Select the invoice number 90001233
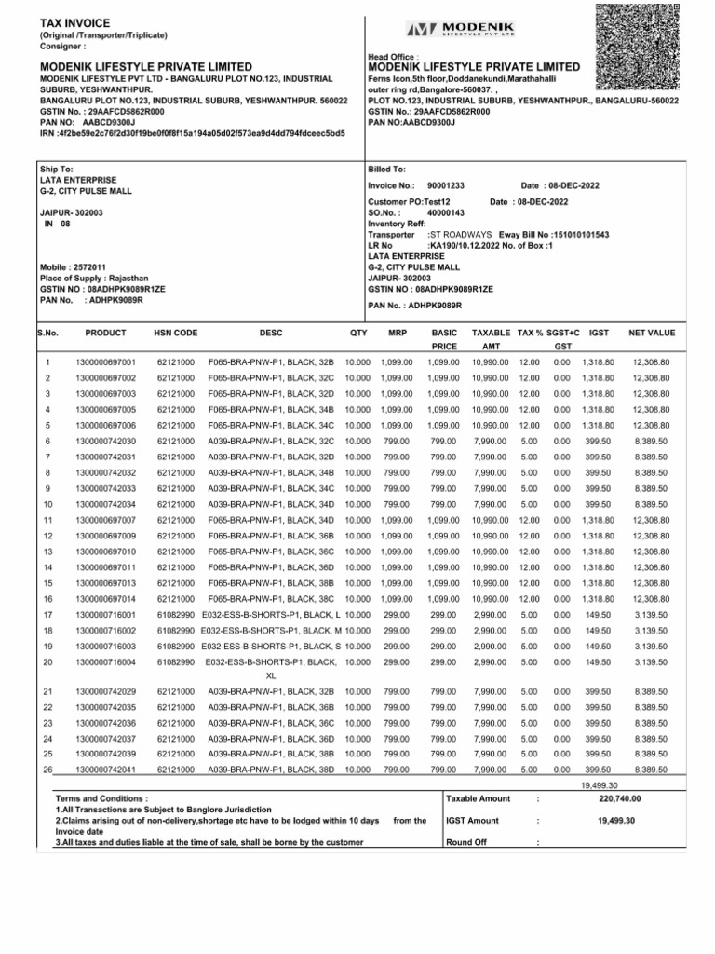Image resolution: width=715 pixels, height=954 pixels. (x=445, y=186)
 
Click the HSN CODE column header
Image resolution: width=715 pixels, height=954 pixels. (x=176, y=333)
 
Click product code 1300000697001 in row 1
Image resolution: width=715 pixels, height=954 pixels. (x=105, y=361)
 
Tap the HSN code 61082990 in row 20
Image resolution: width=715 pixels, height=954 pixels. (x=176, y=663)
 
